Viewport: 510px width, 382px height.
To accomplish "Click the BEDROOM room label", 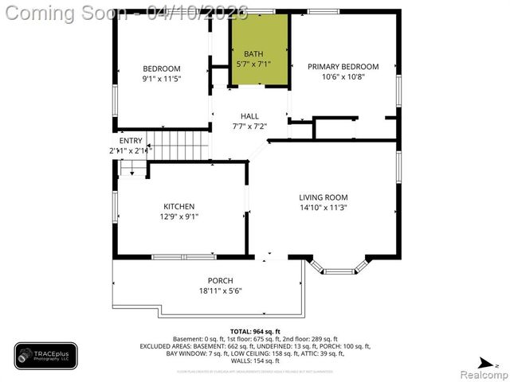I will tap(162, 68).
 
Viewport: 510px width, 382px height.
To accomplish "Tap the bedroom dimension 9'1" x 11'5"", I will tap(162, 79).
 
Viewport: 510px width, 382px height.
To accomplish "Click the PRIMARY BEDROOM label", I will tap(343, 67).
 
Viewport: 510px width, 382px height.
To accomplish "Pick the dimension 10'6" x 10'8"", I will tap(343, 77).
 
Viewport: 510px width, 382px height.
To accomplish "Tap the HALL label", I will tap(249, 116).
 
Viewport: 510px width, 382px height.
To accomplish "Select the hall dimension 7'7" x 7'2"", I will tap(249, 127).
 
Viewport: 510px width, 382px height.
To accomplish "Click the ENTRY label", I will tap(131, 141).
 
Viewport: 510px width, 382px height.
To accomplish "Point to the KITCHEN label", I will tap(179, 206).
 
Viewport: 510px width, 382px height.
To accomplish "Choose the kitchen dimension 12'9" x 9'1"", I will tap(179, 216).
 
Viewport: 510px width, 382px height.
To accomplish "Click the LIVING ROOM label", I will tap(324, 197).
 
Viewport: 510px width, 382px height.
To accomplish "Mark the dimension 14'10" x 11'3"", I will tap(324, 208).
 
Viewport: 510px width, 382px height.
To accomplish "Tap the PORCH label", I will tap(220, 280).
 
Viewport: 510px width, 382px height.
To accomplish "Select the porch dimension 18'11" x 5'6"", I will tap(220, 291).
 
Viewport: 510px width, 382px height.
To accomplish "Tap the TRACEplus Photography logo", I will tap(45, 356).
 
